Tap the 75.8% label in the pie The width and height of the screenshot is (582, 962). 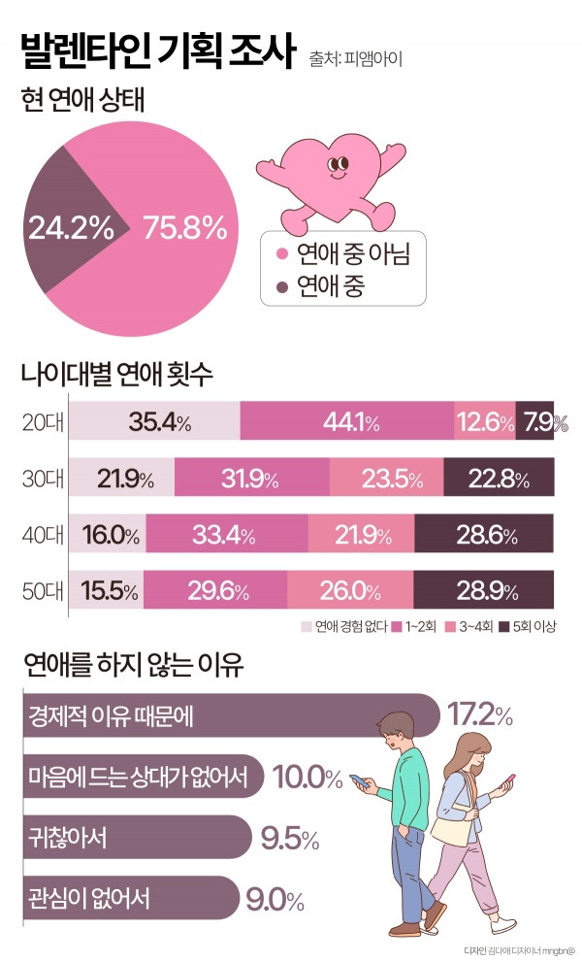tap(184, 229)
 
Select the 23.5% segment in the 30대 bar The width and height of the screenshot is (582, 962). tap(387, 479)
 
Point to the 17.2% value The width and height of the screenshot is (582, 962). tap(480, 715)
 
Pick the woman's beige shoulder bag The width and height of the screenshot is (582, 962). tap(449, 827)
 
